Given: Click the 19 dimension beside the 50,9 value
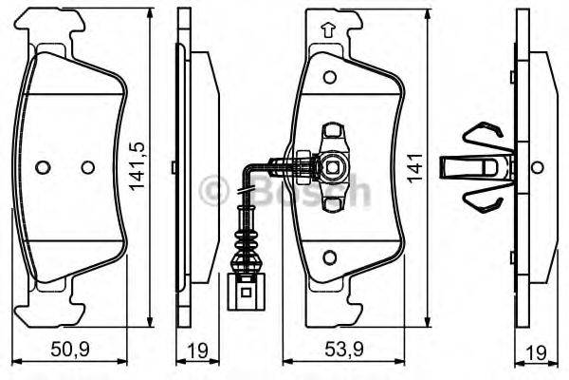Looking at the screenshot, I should click(x=197, y=351).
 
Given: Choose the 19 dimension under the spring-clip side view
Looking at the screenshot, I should click(x=536, y=351).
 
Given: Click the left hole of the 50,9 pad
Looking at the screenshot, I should click(x=42, y=167).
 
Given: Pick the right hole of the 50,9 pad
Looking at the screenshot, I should click(x=87, y=167).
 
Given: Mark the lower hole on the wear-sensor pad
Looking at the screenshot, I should click(x=328, y=256).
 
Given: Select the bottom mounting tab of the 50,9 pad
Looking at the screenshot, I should click(x=53, y=299).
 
